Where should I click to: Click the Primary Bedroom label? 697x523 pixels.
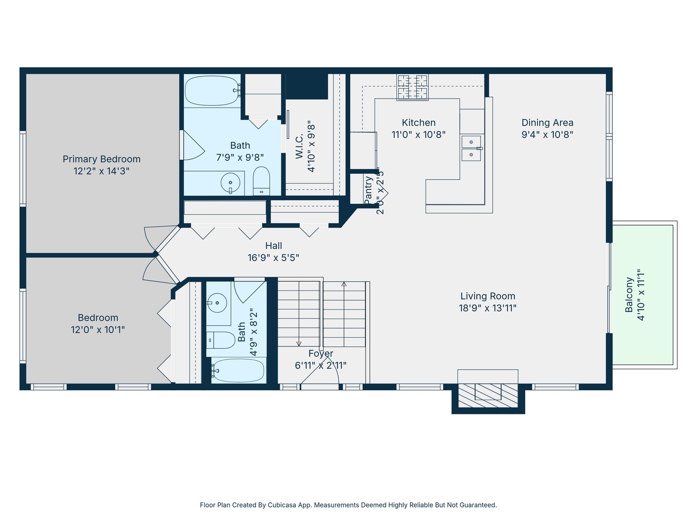click(101, 159)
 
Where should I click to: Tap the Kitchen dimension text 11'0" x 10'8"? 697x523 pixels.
click(419, 135)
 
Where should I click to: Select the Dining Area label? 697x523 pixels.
click(547, 123)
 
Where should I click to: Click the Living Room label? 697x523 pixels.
click(488, 296)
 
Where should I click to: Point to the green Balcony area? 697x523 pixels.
click(642, 295)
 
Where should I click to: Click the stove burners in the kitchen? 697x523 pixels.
click(412, 87)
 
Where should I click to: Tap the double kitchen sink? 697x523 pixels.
click(471, 148)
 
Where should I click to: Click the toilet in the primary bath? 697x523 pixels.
click(261, 181)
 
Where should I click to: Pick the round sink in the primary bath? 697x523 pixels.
click(230, 183)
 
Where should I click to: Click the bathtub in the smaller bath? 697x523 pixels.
click(239, 370)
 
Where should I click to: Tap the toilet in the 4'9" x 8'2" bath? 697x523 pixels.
click(221, 340)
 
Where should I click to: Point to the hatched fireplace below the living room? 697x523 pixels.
click(488, 396)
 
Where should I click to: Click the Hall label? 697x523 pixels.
click(273, 246)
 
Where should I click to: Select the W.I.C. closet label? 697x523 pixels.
click(299, 146)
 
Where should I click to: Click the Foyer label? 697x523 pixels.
click(321, 354)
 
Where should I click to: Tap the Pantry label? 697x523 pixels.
click(368, 191)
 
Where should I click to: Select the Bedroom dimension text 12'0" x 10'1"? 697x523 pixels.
click(98, 330)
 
